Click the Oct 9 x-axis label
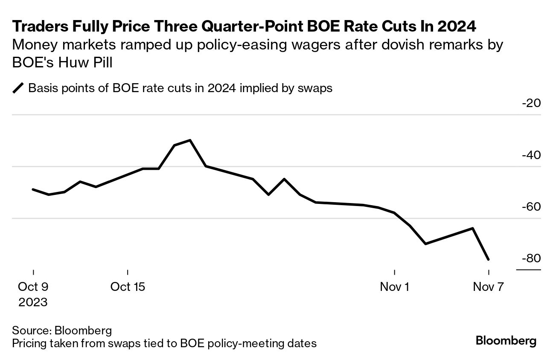33,287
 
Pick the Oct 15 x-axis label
128,287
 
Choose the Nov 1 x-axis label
394,287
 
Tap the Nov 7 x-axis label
488,287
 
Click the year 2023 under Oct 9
33,302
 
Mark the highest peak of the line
190,140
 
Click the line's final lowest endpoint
488,259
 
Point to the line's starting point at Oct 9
33,189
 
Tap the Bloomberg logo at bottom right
506,341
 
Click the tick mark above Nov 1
395,272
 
